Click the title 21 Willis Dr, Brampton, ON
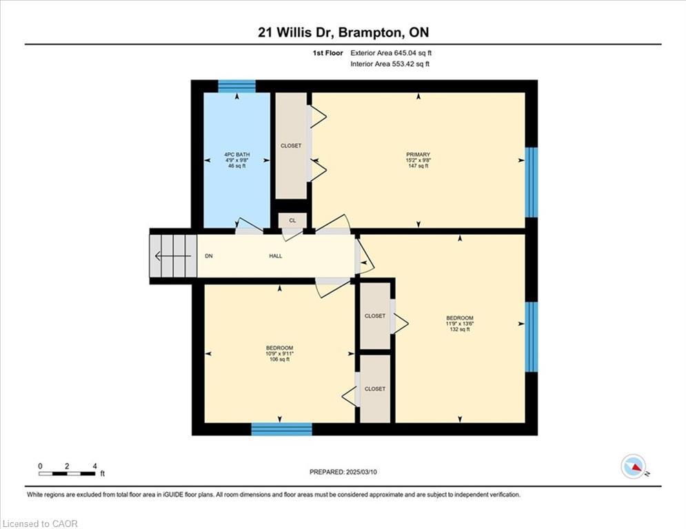click(x=343, y=32)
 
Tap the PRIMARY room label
click(x=418, y=155)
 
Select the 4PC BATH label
click(x=236, y=154)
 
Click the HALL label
click(x=275, y=256)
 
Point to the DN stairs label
click(x=209, y=256)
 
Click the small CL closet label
click(x=292, y=220)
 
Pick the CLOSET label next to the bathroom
click(x=291, y=146)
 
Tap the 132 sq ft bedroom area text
click(x=459, y=329)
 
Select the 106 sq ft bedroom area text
click(x=279, y=359)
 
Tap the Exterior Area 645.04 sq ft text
click(x=391, y=52)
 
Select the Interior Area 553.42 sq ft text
click(x=391, y=64)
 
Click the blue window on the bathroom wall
click(x=236, y=86)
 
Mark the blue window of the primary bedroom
click(x=531, y=182)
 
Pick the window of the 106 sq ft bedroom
click(x=281, y=429)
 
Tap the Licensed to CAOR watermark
click(x=40, y=523)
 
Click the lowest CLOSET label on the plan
click(x=375, y=388)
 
